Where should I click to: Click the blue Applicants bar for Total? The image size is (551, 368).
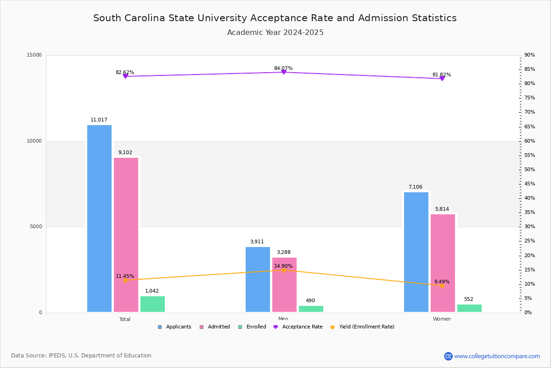pos(99,218)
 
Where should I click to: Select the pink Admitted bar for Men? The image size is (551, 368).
pos(284,285)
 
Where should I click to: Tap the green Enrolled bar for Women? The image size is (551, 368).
pos(469,308)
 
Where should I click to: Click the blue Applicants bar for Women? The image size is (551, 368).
pos(416,252)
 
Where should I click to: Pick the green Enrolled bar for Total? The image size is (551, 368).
pos(152,304)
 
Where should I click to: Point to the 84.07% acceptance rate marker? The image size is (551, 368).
pos(283,72)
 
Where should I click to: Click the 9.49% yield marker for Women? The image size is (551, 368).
pos(442,286)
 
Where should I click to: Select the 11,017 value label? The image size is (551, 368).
pos(99,120)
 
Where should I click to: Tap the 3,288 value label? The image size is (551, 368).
pos(283,252)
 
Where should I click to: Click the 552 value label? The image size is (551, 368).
pos(468,299)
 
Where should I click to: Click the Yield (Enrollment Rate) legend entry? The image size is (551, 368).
pos(366,327)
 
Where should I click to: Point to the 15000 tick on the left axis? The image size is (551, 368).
pos(34,55)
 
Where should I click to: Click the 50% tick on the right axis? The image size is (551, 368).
pos(529,170)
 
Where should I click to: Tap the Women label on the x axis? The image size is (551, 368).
pos(442,319)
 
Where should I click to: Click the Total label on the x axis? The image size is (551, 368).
pos(125,319)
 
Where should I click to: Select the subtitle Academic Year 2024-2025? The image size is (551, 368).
pos(275,33)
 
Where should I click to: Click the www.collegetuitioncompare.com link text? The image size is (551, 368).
pos(497,356)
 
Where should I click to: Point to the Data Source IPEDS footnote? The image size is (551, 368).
pos(81,356)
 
